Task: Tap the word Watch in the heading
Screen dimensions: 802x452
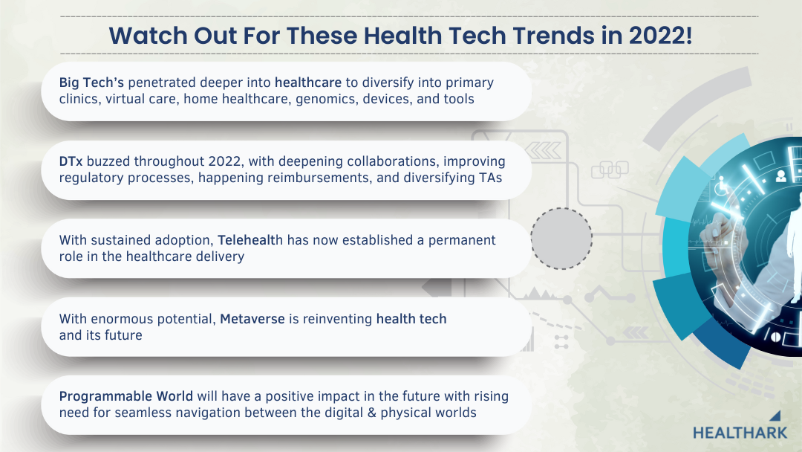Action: (149, 36)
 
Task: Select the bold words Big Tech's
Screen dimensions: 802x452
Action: (91, 83)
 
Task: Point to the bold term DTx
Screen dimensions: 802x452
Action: (71, 161)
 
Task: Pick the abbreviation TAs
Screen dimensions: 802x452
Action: (491, 178)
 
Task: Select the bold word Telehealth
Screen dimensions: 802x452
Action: (250, 240)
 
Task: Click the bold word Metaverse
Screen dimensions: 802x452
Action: (252, 319)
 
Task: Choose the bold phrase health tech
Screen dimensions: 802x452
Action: (411, 319)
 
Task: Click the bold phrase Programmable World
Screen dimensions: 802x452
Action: (125, 397)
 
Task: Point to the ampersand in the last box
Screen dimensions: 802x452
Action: (371, 413)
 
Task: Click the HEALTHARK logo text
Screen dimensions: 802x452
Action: (740, 433)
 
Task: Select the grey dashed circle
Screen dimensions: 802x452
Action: (561, 208)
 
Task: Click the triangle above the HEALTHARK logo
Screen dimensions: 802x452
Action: (776, 416)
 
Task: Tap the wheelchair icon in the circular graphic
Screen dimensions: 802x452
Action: (722, 185)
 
